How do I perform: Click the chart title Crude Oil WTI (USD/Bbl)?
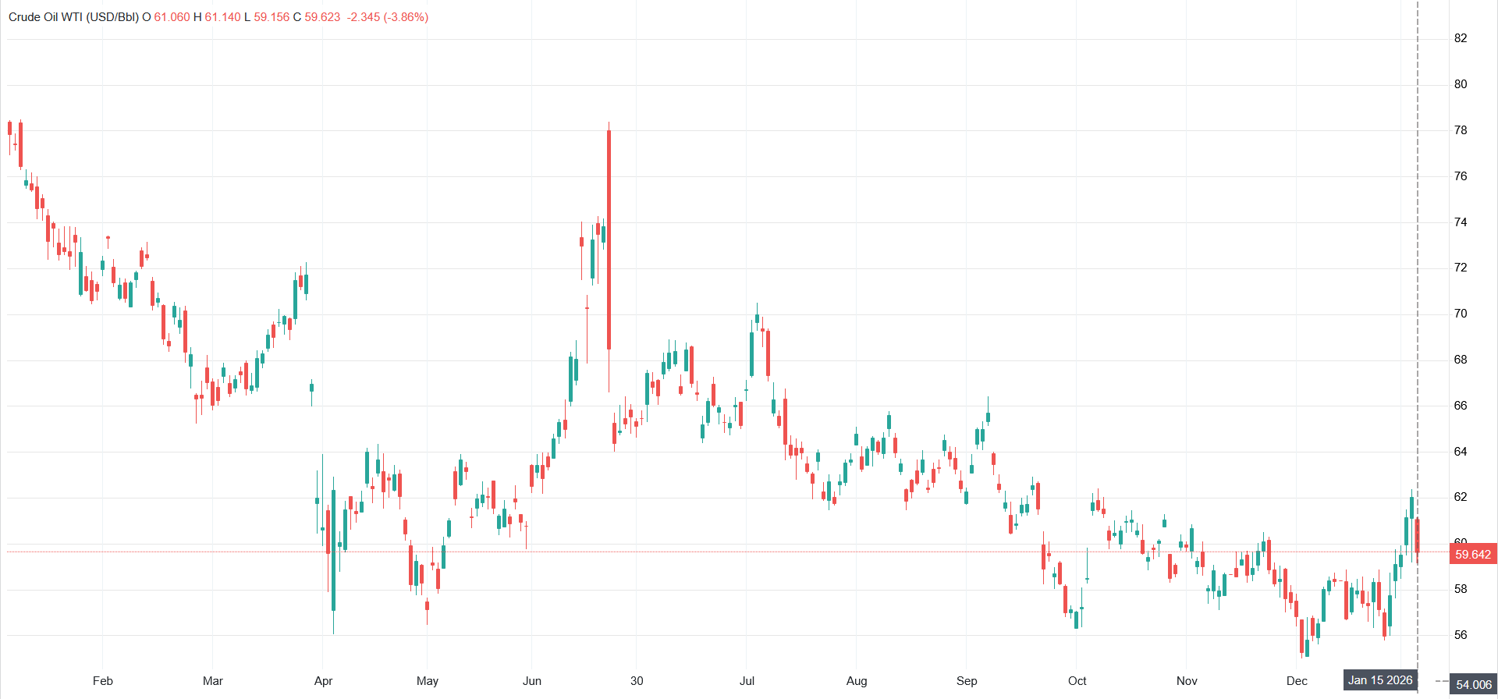coord(73,17)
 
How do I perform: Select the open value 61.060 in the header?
coord(172,17)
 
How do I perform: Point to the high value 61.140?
coord(223,17)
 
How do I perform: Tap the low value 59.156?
coord(272,17)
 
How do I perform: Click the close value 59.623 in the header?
coord(322,17)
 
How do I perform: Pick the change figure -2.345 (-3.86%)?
coord(388,17)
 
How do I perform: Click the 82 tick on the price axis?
coord(1461,38)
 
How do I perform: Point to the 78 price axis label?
coord(1461,130)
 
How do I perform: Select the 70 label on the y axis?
coord(1461,314)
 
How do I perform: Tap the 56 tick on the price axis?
coord(1461,635)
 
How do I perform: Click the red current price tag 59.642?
coord(1473,555)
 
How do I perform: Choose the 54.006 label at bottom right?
coord(1473,685)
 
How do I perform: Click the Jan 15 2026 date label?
coord(1380,680)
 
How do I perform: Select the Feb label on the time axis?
coord(103,681)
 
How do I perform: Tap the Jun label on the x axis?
coord(532,681)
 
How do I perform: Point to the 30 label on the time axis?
coord(637,681)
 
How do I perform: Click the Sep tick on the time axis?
coord(967,681)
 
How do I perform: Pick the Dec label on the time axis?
coord(1297,681)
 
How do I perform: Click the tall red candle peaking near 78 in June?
coord(609,242)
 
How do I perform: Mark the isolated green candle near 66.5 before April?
coord(311,388)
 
